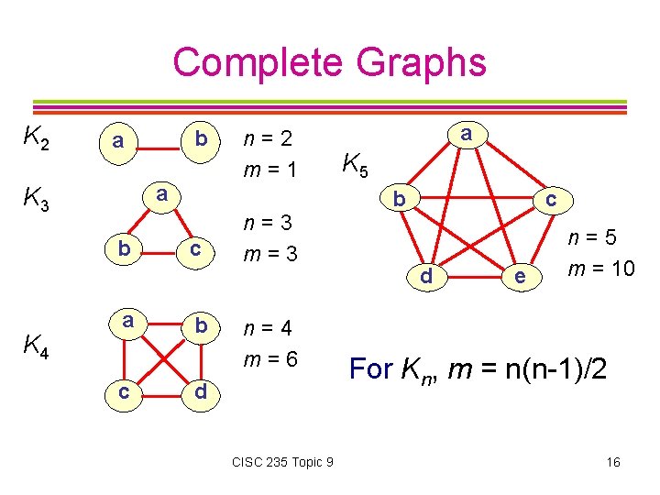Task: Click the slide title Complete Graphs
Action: pyautogui.click(x=329, y=62)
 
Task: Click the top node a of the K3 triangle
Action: pyautogui.click(x=160, y=194)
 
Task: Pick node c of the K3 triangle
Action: pyautogui.click(x=194, y=249)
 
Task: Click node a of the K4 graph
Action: pyautogui.click(x=129, y=321)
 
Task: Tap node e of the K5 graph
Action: pyautogui.click(x=520, y=275)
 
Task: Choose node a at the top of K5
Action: pyautogui.click(x=467, y=134)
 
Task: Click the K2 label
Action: pyautogui.click(x=36, y=139)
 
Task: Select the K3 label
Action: pyautogui.click(x=36, y=198)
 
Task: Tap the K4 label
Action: pyautogui.click(x=37, y=346)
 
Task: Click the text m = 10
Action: pyautogui.click(x=600, y=269)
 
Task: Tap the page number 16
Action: pyautogui.click(x=612, y=462)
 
